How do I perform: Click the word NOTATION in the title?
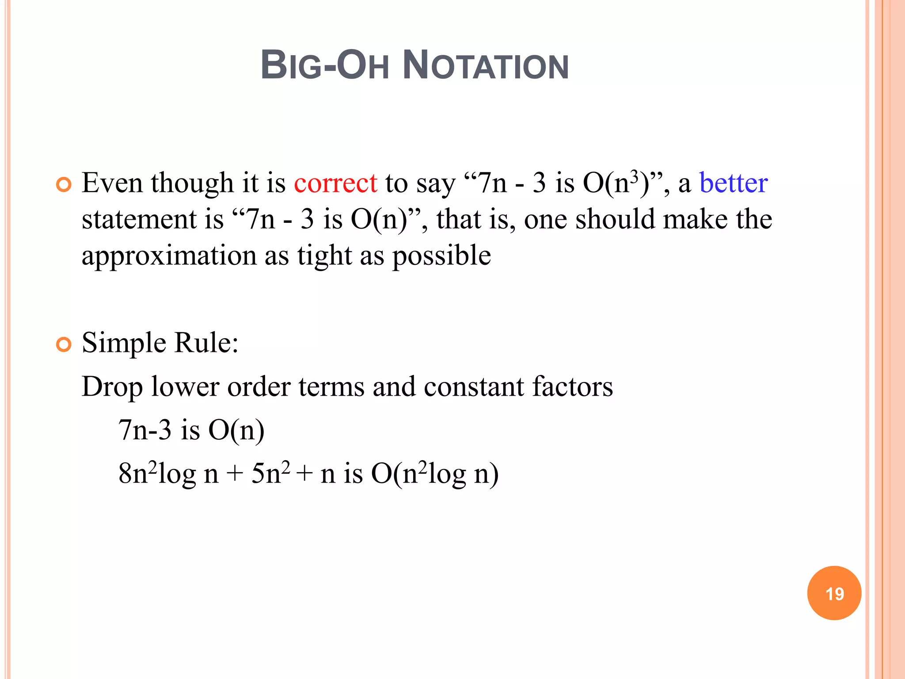coord(486,65)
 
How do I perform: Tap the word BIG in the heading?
coord(291,65)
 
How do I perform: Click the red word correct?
coord(335,183)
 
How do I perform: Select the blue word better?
coord(733,183)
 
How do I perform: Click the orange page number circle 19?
coord(834,593)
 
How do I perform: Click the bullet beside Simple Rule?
coord(64,344)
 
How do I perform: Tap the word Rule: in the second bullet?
coord(206,343)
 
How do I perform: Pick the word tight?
coord(324,256)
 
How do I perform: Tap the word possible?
coord(441,256)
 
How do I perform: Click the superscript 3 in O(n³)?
coord(635,176)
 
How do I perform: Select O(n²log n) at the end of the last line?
coord(435,474)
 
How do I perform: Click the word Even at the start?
coord(112,183)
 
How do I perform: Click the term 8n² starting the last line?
coord(137,473)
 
